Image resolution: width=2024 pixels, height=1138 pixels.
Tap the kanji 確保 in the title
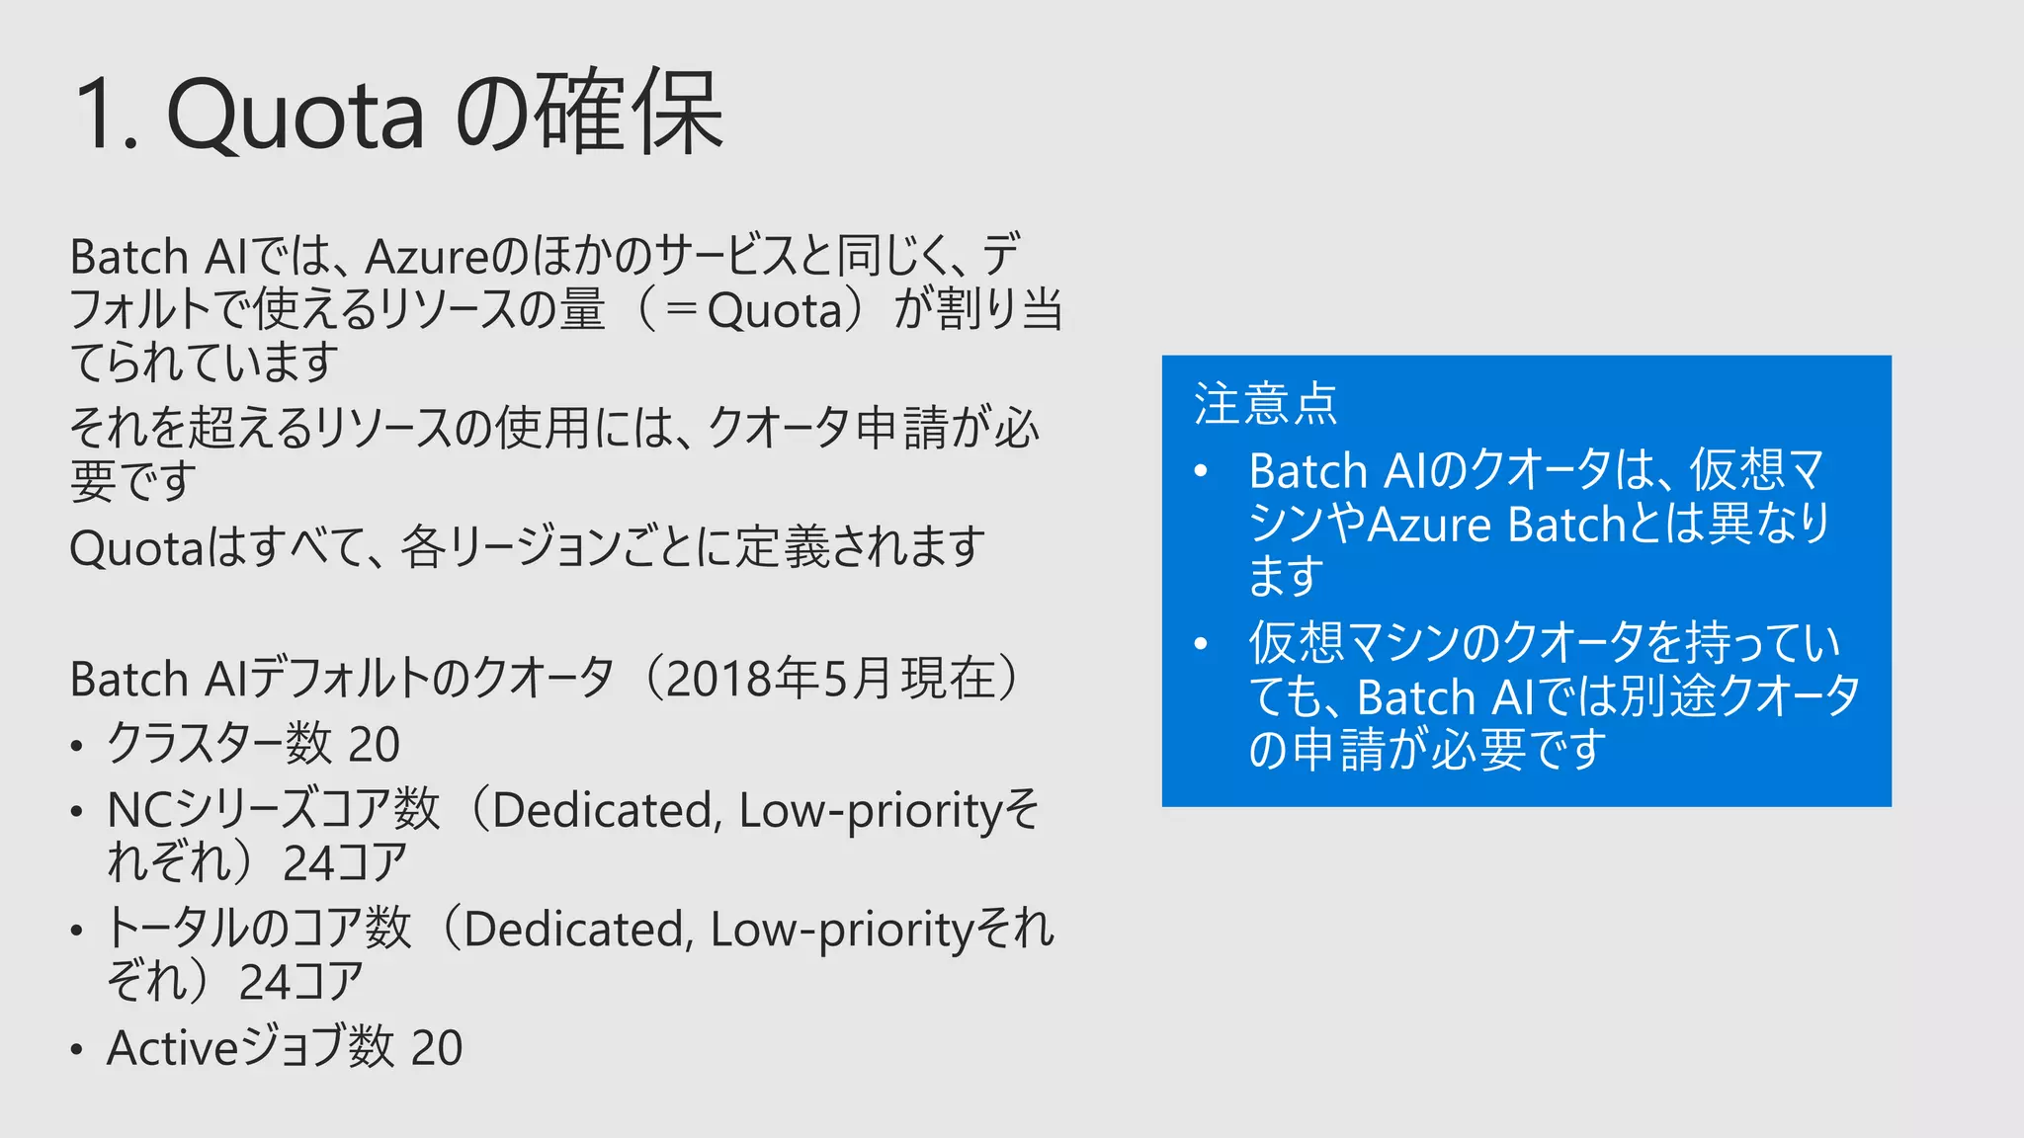pos(630,111)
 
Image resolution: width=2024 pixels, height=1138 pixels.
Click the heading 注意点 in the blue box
pos(1265,404)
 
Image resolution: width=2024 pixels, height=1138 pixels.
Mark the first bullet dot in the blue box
pos(1201,472)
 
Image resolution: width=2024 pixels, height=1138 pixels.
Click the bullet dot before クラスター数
pos(76,747)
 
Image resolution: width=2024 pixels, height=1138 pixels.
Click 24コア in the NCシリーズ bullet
pos(345,863)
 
